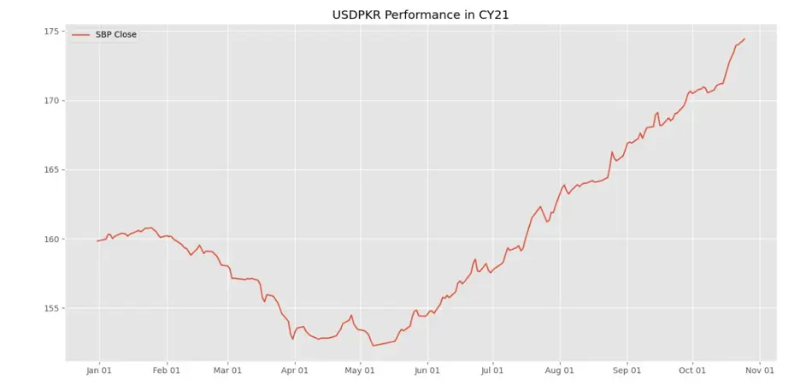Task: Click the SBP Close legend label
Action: tap(115, 34)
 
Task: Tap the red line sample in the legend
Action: tap(81, 34)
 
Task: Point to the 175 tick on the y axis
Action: tap(51, 32)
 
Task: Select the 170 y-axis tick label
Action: tap(51, 101)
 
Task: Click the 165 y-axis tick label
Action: tap(51, 170)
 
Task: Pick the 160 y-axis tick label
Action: tap(51, 240)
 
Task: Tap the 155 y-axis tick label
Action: tap(51, 309)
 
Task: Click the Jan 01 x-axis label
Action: tap(99, 370)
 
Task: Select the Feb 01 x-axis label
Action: tap(167, 370)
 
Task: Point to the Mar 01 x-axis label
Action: tap(227, 370)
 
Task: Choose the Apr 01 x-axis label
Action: tap(295, 370)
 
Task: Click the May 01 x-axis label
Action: tap(360, 370)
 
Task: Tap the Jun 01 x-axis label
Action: tap(427, 370)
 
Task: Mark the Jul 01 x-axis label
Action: tap(492, 370)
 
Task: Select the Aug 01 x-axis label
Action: tap(560, 370)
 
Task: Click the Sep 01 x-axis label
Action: tap(627, 370)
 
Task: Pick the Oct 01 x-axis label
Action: tap(692, 370)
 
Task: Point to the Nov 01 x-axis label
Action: tap(759, 370)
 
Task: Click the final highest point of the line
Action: tap(744, 38)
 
